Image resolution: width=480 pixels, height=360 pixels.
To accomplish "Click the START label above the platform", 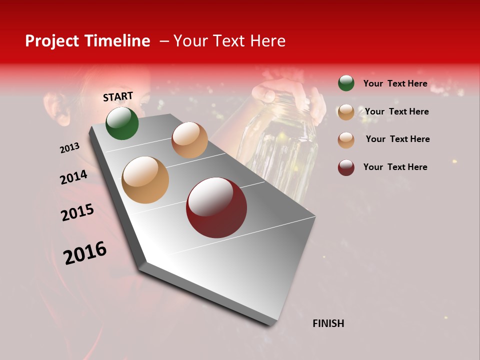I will pos(118,96).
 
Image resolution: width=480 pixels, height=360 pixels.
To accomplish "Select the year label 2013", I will pos(69,148).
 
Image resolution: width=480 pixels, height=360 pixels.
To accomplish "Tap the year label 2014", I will pos(73,177).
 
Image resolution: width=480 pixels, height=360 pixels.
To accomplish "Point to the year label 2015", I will pos(77,212).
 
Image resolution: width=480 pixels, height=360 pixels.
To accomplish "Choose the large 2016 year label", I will pos(84,252).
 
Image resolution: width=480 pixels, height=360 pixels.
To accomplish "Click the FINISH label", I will pos(328,323).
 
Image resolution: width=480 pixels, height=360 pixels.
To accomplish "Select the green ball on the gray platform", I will pos(122,123).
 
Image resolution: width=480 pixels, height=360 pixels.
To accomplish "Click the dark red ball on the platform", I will pos(216,207).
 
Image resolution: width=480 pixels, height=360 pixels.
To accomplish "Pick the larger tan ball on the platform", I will pos(145,179).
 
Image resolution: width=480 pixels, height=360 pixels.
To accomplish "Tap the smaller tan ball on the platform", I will pos(189,140).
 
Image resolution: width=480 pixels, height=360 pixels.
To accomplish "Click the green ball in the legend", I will pos(346,83).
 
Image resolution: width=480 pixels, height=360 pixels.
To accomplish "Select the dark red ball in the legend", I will pos(346,167).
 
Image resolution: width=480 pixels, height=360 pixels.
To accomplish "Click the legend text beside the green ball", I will pos(395,83).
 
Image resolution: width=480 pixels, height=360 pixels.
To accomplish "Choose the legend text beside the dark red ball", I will pos(395,167).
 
